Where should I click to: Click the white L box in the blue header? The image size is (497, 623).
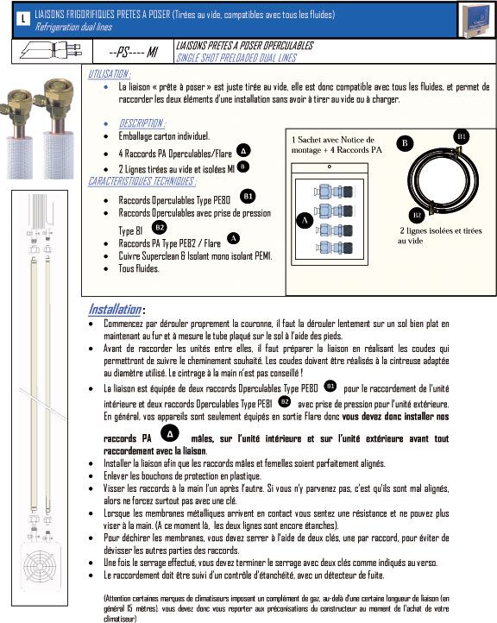pyautogui.click(x=23, y=18)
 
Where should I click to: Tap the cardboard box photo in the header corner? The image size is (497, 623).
pyautogui.click(x=476, y=20)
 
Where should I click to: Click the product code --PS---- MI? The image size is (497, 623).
pyautogui.click(x=133, y=52)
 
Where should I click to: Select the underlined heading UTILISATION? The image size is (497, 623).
pyautogui.click(x=109, y=74)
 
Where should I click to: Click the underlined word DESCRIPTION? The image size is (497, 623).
pyautogui.click(x=142, y=123)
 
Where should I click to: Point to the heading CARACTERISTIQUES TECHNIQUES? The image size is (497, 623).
pyautogui.click(x=142, y=181)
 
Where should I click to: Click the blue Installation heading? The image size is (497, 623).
pyautogui.click(x=115, y=309)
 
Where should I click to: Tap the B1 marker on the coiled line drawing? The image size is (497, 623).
pyautogui.click(x=462, y=136)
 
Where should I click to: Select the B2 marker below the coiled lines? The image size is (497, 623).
pyautogui.click(x=417, y=215)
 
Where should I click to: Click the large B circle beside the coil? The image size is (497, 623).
pyautogui.click(x=405, y=143)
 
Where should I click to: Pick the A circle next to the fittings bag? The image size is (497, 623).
pyautogui.click(x=305, y=221)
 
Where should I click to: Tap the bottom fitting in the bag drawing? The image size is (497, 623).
pyautogui.click(x=335, y=248)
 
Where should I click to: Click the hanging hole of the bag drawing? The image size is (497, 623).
pyautogui.click(x=330, y=167)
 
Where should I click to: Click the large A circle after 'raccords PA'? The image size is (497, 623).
pyautogui.click(x=170, y=434)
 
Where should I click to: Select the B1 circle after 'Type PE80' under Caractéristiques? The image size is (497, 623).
pyautogui.click(x=248, y=196)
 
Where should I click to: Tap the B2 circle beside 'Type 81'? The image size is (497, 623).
pyautogui.click(x=160, y=228)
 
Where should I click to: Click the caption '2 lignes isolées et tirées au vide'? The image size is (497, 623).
pyautogui.click(x=440, y=236)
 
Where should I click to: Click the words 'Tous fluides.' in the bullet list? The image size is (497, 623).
pyautogui.click(x=139, y=268)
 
